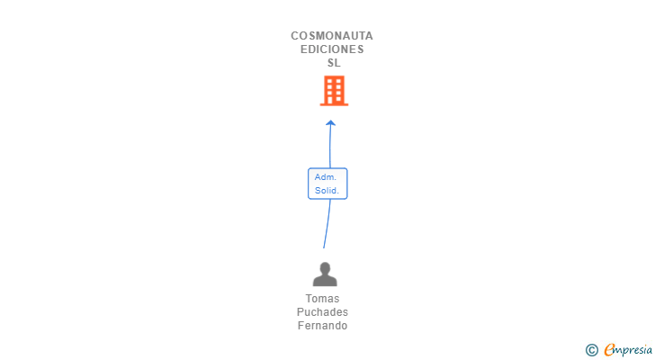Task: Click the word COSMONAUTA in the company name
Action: coord(332,36)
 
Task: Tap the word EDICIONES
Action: coord(332,49)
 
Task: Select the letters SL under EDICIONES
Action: coord(334,63)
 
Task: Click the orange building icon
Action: coord(334,90)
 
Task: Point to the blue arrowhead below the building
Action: coord(330,122)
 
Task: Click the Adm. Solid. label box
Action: coord(327,184)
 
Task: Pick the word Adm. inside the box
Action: coord(326,177)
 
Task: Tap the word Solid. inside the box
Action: coord(327,190)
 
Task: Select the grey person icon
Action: coord(324,274)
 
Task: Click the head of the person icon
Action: coord(324,267)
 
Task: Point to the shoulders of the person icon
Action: coord(324,281)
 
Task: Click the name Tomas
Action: coord(323,299)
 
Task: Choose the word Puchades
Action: coord(322,312)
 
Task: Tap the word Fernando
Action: coord(322,326)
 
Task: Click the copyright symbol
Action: coord(591,349)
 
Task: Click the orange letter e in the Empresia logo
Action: coord(609,349)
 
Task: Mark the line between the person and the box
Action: coord(327,223)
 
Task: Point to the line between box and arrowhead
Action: coord(329,147)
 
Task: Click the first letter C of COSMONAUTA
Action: coord(295,36)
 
